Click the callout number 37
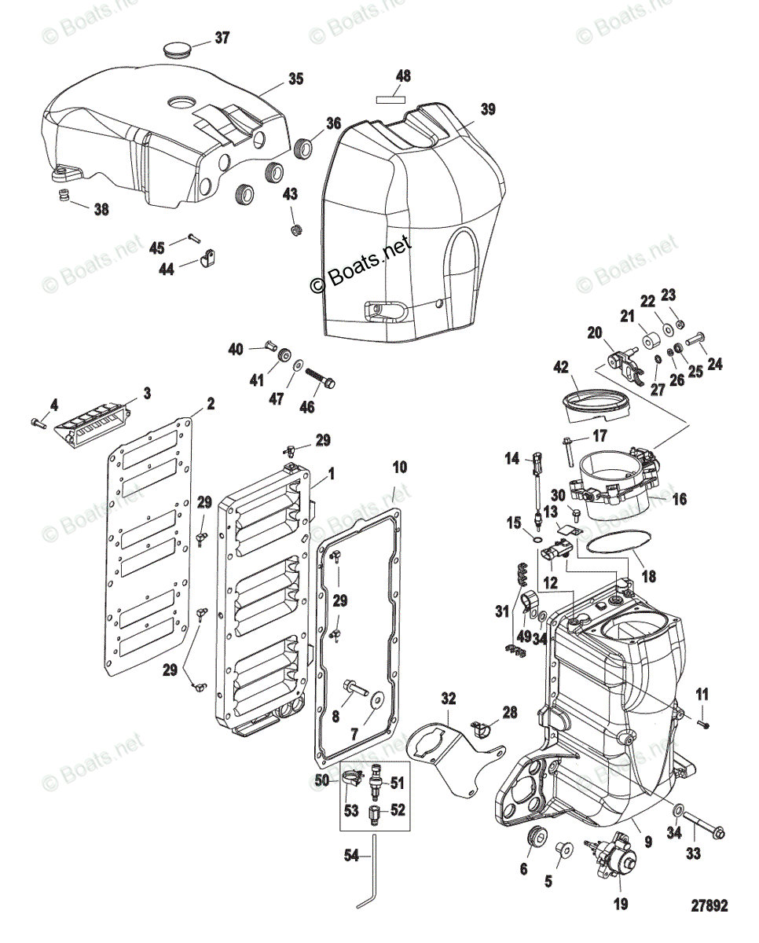[222, 37]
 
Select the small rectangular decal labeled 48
[390, 99]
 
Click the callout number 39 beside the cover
[488, 109]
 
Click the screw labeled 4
[38, 423]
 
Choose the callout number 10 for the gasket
[399, 467]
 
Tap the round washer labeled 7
[376, 700]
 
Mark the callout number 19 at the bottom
[621, 904]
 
